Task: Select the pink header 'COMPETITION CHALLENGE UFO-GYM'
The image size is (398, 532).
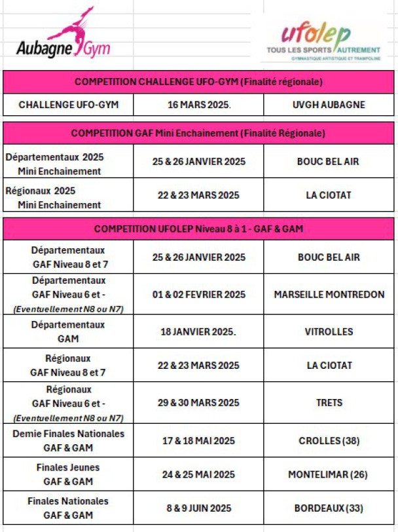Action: (199, 82)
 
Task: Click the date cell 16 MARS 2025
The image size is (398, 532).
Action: (198, 104)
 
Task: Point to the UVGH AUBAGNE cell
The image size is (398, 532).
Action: (329, 104)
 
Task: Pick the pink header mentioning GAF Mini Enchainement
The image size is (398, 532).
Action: (199, 133)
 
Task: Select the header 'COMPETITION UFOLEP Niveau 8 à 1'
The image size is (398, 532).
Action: (199, 229)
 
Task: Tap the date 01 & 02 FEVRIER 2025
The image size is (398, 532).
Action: (198, 295)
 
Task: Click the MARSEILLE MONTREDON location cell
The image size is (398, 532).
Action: (329, 295)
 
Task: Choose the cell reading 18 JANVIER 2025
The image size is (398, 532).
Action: (198, 332)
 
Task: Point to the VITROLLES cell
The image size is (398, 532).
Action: (329, 332)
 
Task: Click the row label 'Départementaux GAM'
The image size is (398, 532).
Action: (68, 332)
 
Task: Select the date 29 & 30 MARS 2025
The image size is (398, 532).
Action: (198, 402)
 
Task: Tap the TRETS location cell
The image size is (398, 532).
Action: (329, 402)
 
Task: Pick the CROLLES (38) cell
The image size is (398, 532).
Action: (329, 441)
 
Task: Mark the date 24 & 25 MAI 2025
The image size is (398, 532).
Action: (198, 474)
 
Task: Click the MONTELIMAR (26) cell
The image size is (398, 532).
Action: (329, 474)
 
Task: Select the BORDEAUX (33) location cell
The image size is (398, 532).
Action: (329, 508)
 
